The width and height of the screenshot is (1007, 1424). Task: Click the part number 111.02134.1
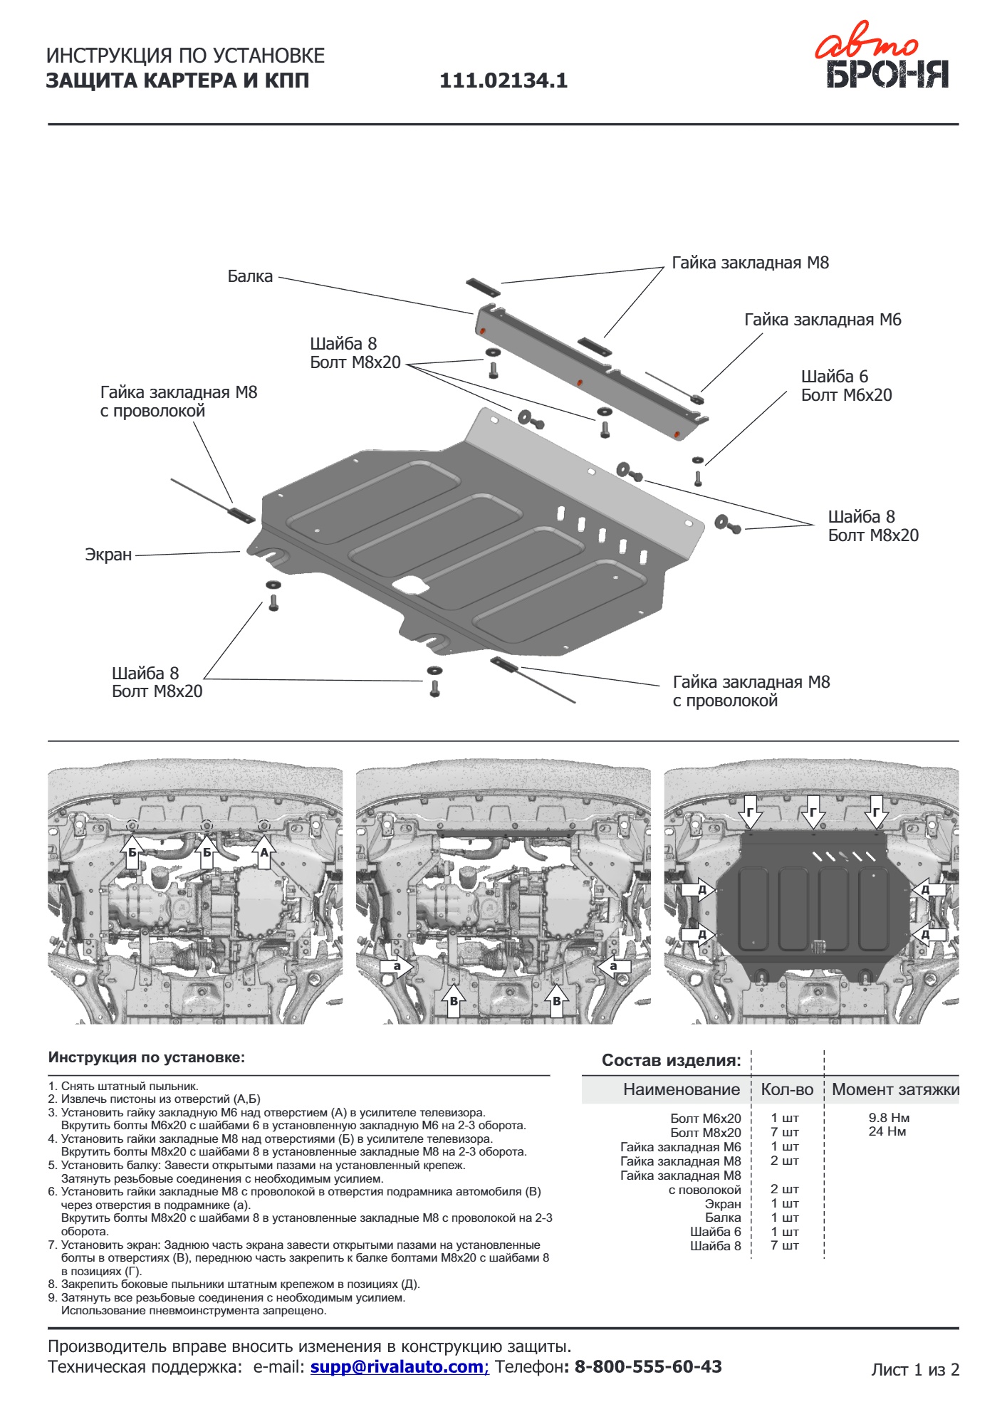coord(503,81)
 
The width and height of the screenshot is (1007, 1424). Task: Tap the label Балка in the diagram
coord(250,276)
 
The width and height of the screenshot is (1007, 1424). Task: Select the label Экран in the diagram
coord(108,555)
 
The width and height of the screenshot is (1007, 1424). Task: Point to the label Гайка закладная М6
coord(823,320)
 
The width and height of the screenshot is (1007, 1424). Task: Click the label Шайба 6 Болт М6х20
coord(846,386)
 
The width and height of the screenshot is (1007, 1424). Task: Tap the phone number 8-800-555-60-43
coord(647,1366)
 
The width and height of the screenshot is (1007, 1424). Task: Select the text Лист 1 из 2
coord(915,1369)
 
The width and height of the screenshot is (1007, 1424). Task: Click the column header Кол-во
coord(787,1089)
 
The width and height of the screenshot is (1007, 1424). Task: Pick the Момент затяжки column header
coord(895,1089)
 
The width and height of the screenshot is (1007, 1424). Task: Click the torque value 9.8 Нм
coord(889,1118)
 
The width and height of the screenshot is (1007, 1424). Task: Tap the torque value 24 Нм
coord(887,1131)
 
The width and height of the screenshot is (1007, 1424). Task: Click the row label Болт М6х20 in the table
coord(705,1119)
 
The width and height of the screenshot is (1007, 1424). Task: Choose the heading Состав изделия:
coord(671,1060)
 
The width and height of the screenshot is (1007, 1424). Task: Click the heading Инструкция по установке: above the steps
coord(146,1057)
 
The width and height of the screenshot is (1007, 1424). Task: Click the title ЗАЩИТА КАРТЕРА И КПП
coord(177,81)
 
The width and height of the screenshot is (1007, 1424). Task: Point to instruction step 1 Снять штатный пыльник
coord(129,1087)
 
